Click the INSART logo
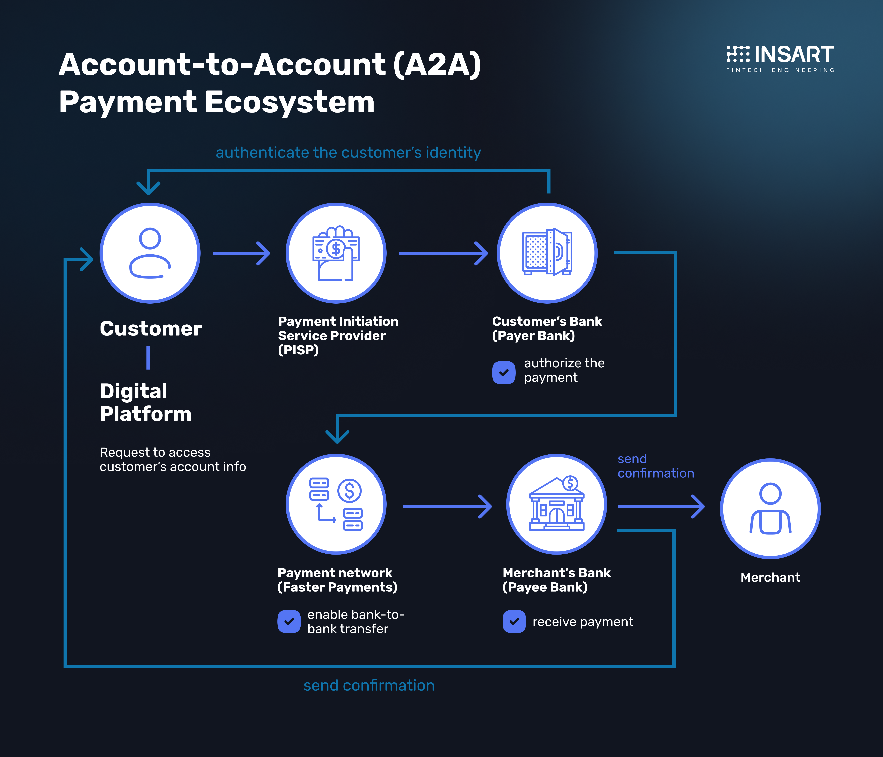coord(780,58)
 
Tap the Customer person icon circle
coord(150,253)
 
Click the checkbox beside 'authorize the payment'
coord(504,372)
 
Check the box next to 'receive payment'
coord(514,621)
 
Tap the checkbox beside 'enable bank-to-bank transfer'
coord(289,621)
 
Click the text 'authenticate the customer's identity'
coord(348,152)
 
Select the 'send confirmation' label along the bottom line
coord(369,686)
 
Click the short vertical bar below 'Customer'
coord(148,358)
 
